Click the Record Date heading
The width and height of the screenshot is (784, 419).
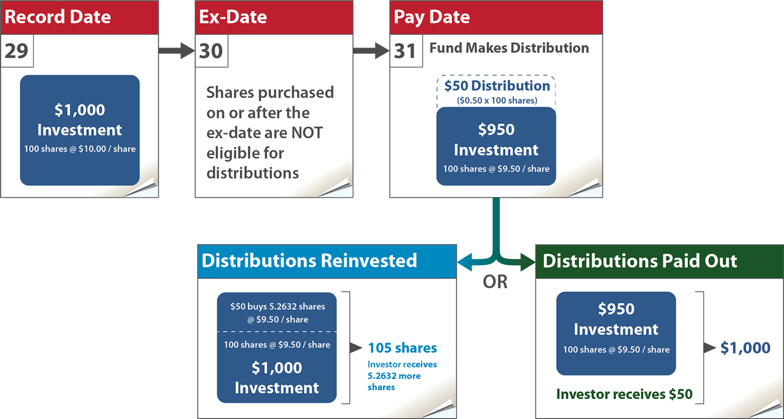[58, 17]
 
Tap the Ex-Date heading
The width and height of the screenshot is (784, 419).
[233, 17]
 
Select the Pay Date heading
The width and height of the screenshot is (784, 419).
[432, 17]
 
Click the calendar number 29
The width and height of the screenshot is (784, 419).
[16, 51]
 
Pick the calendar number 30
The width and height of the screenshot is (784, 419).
[210, 51]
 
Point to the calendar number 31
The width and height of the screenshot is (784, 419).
[405, 51]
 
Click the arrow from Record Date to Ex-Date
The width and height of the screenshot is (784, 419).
[176, 51]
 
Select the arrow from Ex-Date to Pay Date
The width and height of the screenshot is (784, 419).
[371, 51]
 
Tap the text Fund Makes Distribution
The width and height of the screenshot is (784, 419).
[509, 48]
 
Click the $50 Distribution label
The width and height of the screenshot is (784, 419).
[497, 86]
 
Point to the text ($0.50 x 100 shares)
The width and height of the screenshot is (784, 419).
[497, 101]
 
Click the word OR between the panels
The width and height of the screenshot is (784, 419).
[495, 282]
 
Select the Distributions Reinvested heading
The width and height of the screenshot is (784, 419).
[309, 260]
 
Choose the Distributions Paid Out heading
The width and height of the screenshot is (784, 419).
[640, 261]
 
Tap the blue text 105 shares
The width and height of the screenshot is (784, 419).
[402, 348]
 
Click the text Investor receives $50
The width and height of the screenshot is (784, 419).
[624, 394]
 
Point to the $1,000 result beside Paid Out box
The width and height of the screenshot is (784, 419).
[745, 348]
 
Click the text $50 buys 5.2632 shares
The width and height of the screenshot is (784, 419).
[277, 307]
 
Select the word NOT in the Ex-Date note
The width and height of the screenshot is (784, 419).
[306, 133]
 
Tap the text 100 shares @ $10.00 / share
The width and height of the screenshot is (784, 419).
[80, 149]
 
